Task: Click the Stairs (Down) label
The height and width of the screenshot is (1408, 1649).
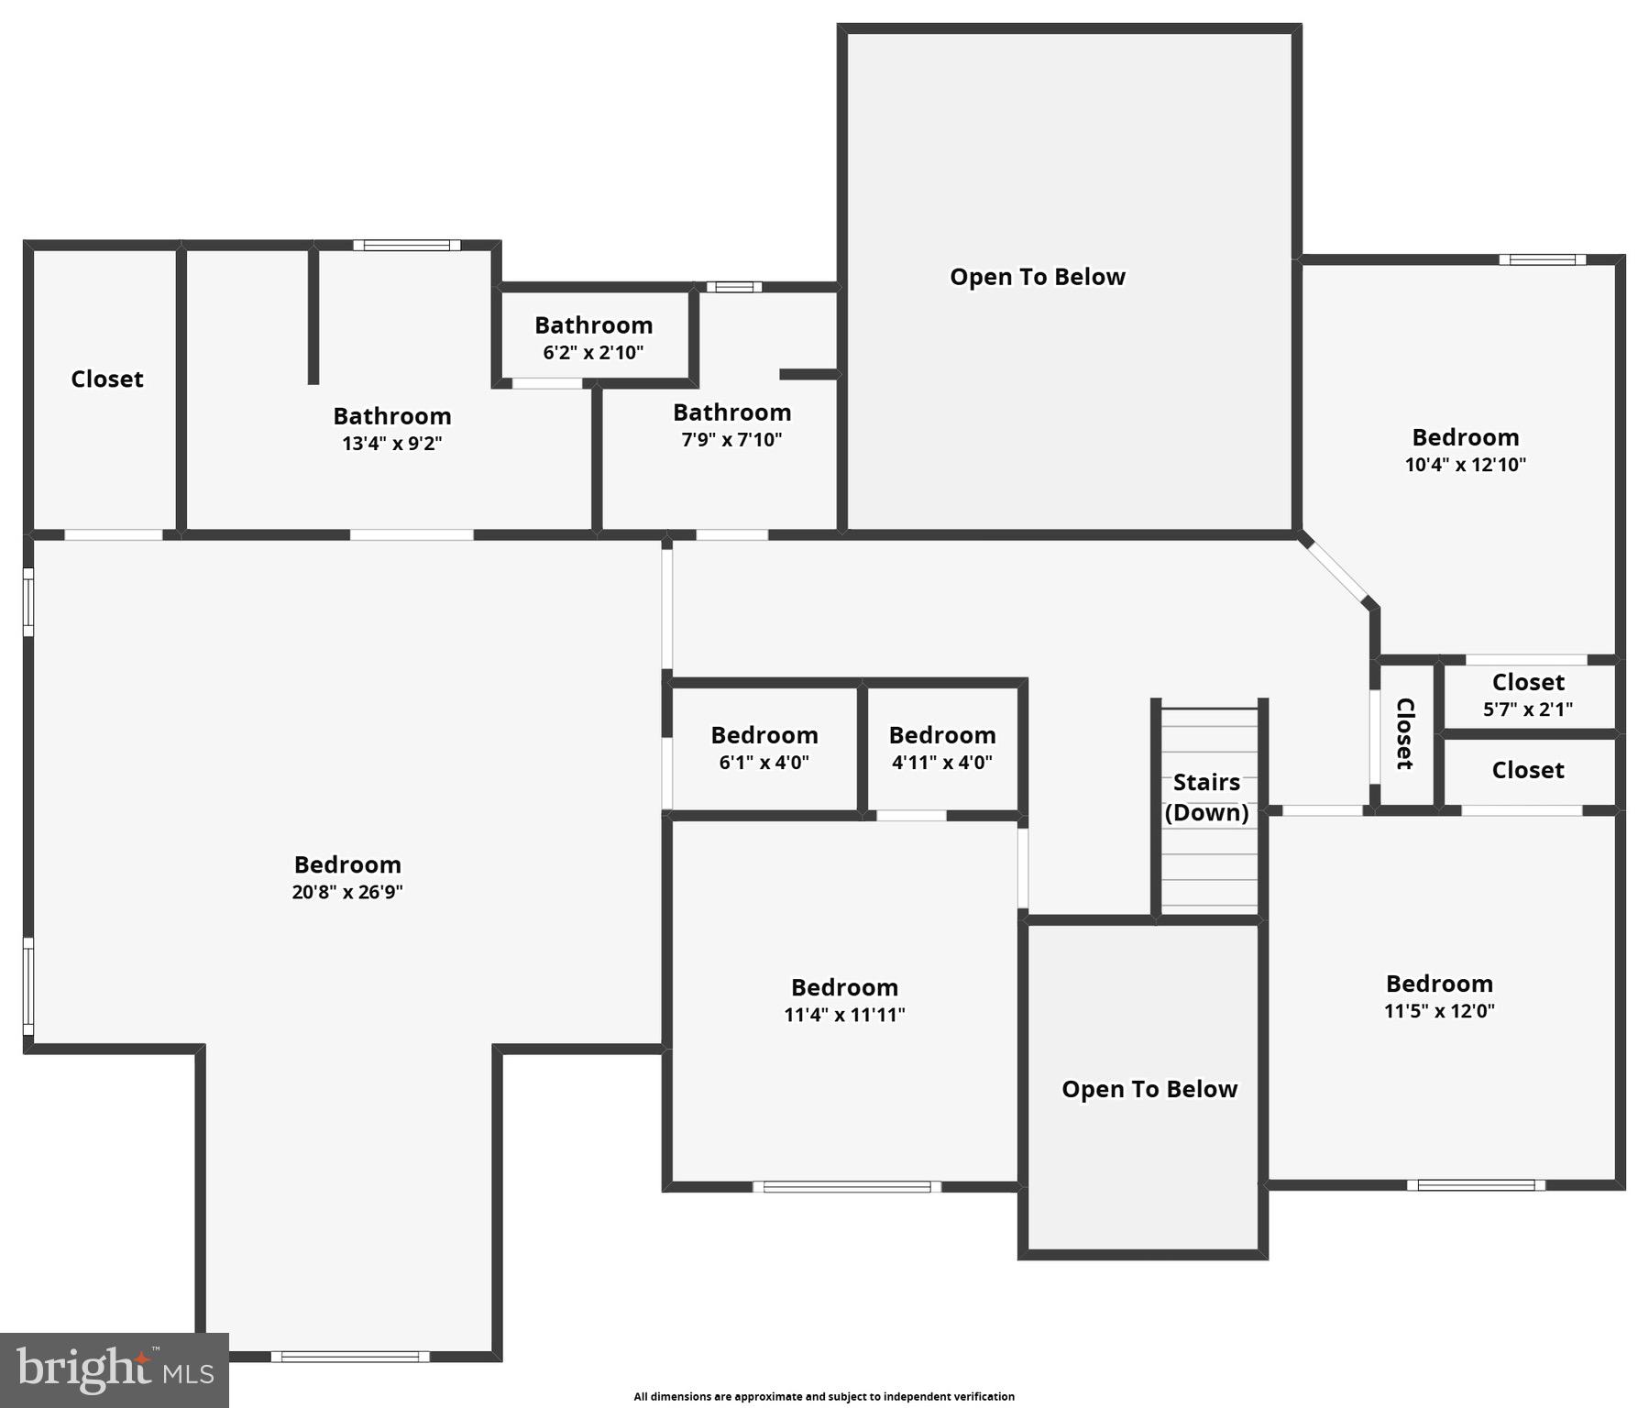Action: pyautogui.click(x=1206, y=797)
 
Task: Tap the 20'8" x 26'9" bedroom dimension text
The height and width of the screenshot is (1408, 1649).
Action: pyautogui.click(x=347, y=892)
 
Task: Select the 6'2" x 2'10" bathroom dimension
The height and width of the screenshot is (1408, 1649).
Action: pyautogui.click(x=593, y=353)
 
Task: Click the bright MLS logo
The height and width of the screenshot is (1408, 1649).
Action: pyautogui.click(x=115, y=1369)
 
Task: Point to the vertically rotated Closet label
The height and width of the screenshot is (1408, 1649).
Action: pyautogui.click(x=1404, y=733)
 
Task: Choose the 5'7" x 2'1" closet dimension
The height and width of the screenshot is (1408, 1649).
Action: pyautogui.click(x=1527, y=709)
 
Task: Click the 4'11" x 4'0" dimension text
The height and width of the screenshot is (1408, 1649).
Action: pyautogui.click(x=941, y=763)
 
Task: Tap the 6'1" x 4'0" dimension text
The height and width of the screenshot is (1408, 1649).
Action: pyautogui.click(x=764, y=763)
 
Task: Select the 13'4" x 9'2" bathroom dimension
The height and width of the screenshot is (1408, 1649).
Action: pyautogui.click(x=391, y=444)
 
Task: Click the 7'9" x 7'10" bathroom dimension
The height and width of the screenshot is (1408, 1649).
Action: pyautogui.click(x=731, y=440)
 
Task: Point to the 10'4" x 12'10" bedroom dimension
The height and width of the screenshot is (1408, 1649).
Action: pyautogui.click(x=1465, y=465)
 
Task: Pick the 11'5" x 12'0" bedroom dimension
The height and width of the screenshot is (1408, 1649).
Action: pyautogui.click(x=1439, y=1011)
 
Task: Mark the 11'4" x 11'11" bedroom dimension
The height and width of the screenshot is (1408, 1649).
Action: pyautogui.click(x=844, y=1015)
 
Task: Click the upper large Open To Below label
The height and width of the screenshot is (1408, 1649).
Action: pyautogui.click(x=1037, y=277)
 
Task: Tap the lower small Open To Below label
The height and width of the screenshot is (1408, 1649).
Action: pyautogui.click(x=1149, y=1089)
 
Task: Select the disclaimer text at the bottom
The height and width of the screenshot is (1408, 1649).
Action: pyautogui.click(x=824, y=1397)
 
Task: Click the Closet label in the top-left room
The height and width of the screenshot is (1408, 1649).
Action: pyautogui.click(x=107, y=379)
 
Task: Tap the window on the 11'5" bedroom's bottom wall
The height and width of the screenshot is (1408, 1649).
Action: pyautogui.click(x=1476, y=1185)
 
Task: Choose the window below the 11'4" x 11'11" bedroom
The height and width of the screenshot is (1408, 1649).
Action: pyautogui.click(x=847, y=1187)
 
